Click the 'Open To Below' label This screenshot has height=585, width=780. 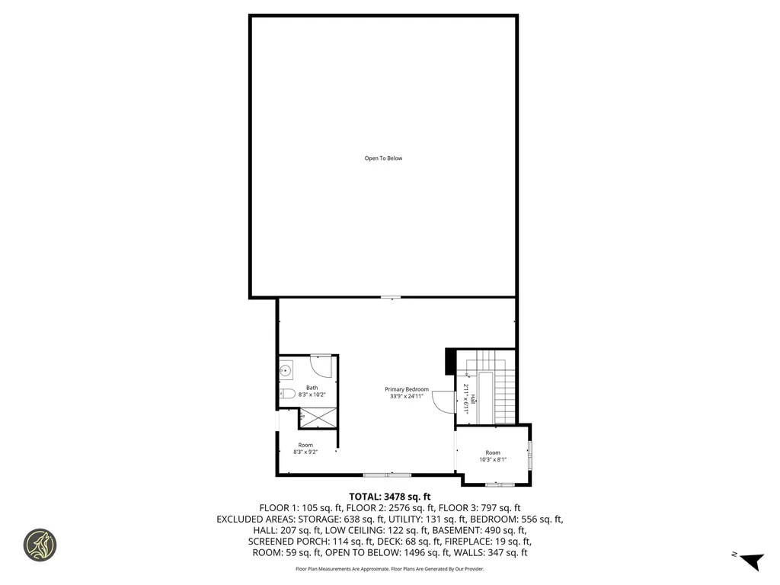(383, 158)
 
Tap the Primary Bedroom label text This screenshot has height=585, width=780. (407, 389)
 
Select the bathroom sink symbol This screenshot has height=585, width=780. (286, 372)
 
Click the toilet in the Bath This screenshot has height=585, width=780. (286, 394)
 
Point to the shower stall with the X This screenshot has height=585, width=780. (317, 417)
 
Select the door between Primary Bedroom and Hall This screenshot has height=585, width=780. (443, 402)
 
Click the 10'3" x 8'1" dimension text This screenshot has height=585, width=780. (493, 459)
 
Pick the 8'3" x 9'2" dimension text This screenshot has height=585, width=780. (305, 452)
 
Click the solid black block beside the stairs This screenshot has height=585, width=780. (449, 361)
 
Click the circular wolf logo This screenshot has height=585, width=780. (40, 545)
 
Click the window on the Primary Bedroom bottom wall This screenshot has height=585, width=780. (388, 475)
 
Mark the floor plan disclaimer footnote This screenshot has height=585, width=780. (390, 569)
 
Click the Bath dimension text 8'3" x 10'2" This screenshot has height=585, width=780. (312, 395)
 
